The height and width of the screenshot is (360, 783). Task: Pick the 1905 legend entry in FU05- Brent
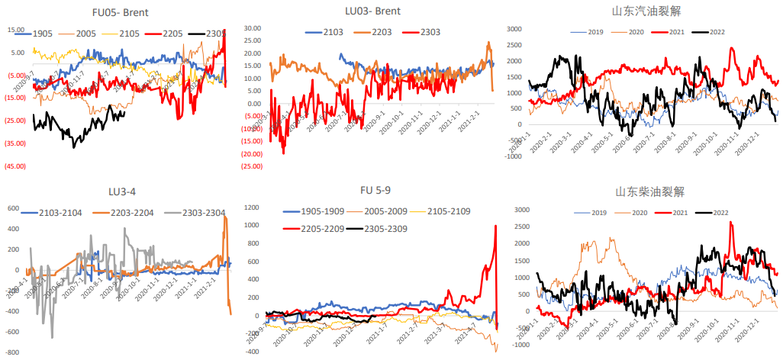click(45, 34)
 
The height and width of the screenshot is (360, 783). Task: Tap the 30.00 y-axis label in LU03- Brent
click(253, 28)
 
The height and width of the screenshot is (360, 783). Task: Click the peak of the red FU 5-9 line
click(496, 226)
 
